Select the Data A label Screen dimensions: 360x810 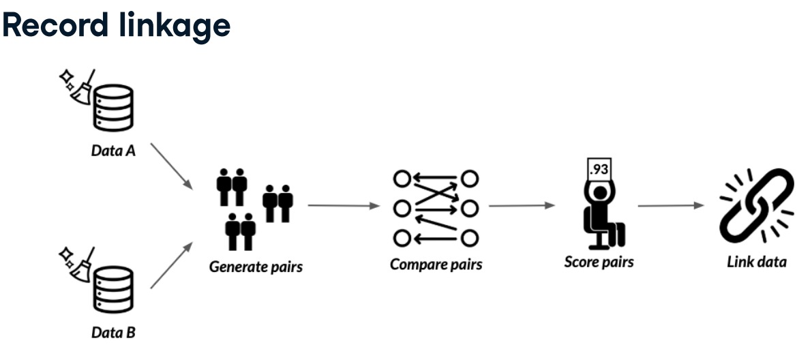pyautogui.click(x=113, y=150)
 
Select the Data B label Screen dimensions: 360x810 pyautogui.click(x=113, y=333)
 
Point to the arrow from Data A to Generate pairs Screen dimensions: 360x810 pyautogui.click(x=171, y=166)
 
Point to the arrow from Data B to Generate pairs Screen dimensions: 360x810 pyautogui.click(x=171, y=264)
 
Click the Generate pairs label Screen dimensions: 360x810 pyautogui.click(x=256, y=267)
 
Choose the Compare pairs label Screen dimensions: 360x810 pyautogui.click(x=436, y=264)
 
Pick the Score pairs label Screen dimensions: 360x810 pyautogui.click(x=599, y=262)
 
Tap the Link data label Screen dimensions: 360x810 pyautogui.click(x=756, y=262)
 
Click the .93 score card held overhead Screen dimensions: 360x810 pyautogui.click(x=598, y=168)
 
